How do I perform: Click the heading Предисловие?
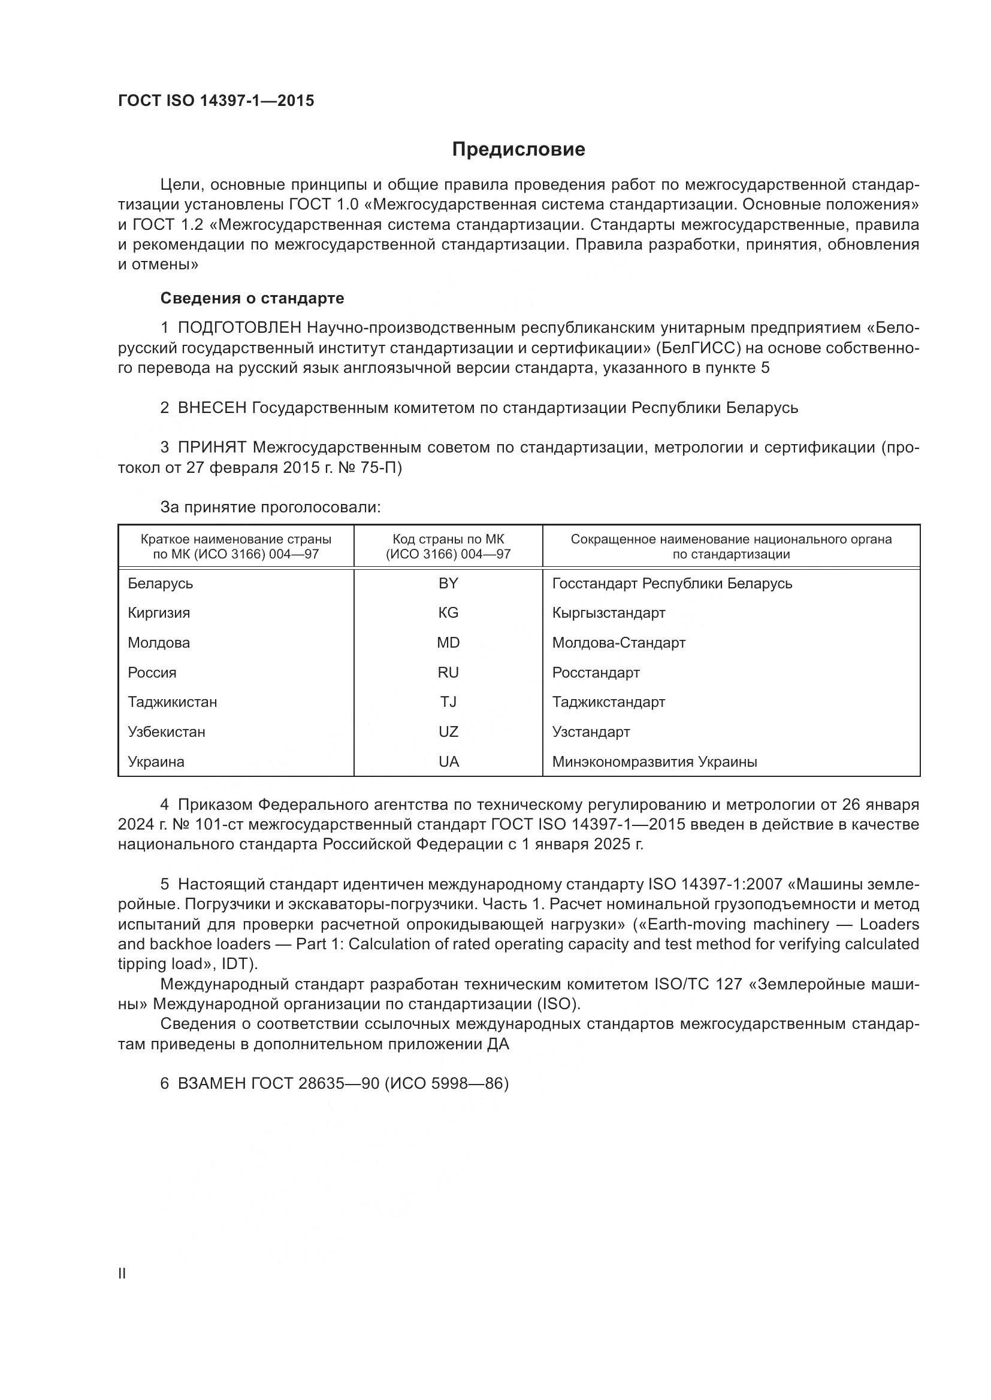pos(518,150)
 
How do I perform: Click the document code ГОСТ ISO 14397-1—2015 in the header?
pos(216,101)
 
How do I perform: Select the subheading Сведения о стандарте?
pos(252,298)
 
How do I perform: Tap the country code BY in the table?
pos(448,584)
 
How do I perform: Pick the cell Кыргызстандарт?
pos(608,613)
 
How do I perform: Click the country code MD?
pos(448,643)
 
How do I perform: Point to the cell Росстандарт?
pos(596,673)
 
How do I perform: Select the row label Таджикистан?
pos(172,702)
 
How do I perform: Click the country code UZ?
pos(448,731)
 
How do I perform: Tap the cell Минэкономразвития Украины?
pos(654,761)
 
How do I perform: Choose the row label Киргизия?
pos(159,613)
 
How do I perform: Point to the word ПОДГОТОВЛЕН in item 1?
pos(239,328)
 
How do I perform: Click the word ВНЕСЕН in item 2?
pos(212,408)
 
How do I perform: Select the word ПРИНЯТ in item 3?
pos(212,448)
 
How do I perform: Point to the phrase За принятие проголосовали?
pos(270,508)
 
